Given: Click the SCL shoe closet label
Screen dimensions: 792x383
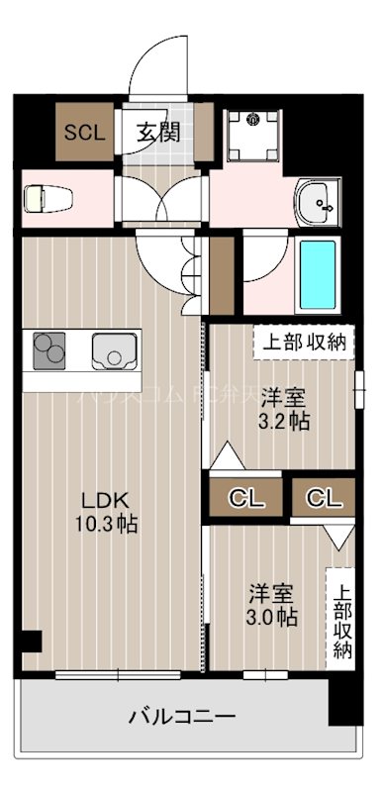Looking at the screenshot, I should [84, 132].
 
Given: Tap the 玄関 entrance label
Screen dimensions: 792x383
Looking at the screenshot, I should [158, 131].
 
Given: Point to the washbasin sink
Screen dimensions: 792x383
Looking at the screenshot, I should [319, 204].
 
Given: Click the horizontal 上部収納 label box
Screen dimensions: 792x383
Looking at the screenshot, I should [303, 343].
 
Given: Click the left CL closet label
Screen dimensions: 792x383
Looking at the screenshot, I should [248, 498].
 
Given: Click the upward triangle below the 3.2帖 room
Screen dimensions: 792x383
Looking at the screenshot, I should [227, 456].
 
